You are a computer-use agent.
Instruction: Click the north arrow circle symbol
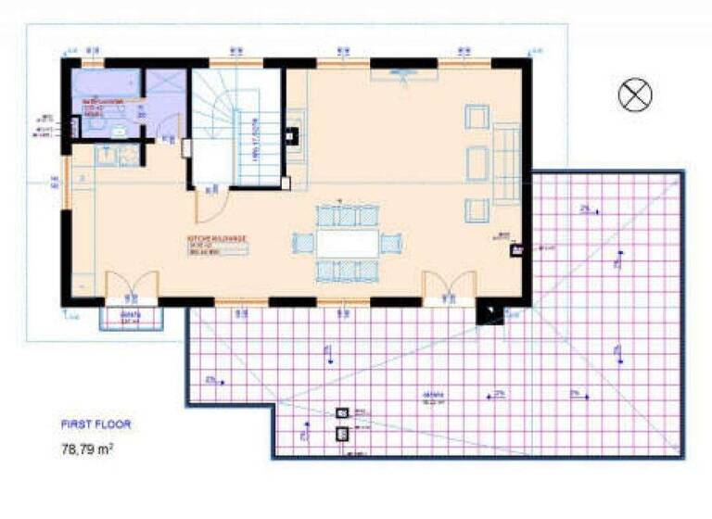(636, 95)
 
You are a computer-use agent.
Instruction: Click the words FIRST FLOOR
(96, 424)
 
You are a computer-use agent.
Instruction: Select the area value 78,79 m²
(87, 449)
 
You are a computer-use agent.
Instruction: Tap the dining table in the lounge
(348, 244)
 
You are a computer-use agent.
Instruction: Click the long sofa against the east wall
(508, 165)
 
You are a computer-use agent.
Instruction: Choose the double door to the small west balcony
(131, 286)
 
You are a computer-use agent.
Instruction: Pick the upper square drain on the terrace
(342, 413)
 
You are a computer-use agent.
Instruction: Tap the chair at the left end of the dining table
(304, 244)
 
